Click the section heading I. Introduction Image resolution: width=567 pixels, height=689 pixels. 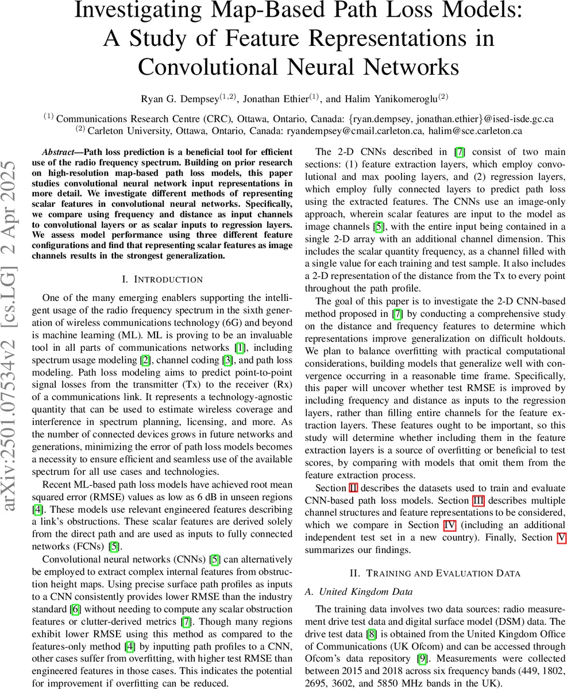[163, 280]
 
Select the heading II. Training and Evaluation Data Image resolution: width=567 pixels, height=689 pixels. [435, 572]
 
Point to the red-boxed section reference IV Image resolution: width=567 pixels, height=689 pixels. [449, 525]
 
